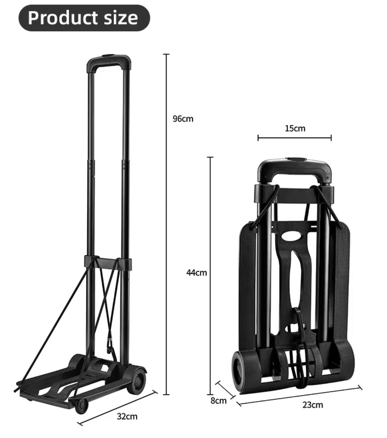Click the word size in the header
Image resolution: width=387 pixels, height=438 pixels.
click(121, 18)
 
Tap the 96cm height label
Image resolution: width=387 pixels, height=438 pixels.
click(183, 119)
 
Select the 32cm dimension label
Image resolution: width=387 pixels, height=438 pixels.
click(127, 416)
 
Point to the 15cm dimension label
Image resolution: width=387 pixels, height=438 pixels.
click(295, 128)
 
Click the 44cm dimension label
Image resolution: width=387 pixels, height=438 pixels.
click(197, 273)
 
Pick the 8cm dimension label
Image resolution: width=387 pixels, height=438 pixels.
click(218, 400)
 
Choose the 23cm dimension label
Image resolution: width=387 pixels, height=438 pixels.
click(313, 405)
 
